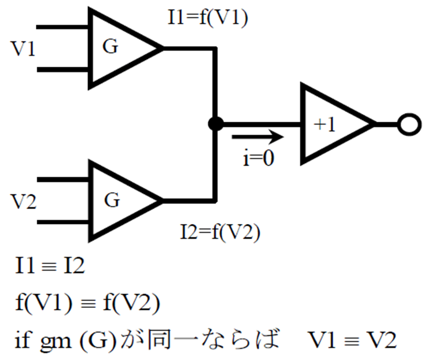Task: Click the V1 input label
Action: click(23, 49)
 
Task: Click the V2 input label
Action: click(23, 201)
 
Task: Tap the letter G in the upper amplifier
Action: click(110, 46)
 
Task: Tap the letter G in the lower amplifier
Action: click(112, 200)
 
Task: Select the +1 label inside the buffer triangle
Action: click(325, 125)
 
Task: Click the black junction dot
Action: click(215, 124)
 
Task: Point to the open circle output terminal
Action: click(409, 125)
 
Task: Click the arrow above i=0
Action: click(258, 137)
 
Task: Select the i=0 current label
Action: click(258, 158)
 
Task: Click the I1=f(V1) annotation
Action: click(208, 18)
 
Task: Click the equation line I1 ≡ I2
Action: click(50, 265)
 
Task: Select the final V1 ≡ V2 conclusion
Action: click(352, 340)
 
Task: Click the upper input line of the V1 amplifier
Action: click(62, 27)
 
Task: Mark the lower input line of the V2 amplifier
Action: click(63, 222)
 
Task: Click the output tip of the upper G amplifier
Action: click(163, 49)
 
